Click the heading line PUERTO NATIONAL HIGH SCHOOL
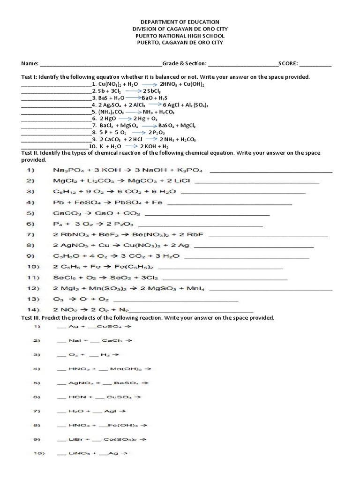[x=180, y=36]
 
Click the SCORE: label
[x=288, y=63]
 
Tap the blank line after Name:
[x=101, y=65]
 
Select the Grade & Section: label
[x=184, y=63]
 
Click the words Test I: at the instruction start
[x=29, y=76]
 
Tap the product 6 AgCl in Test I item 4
[x=171, y=105]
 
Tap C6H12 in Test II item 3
[x=63, y=192]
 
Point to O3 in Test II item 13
[x=58, y=299]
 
